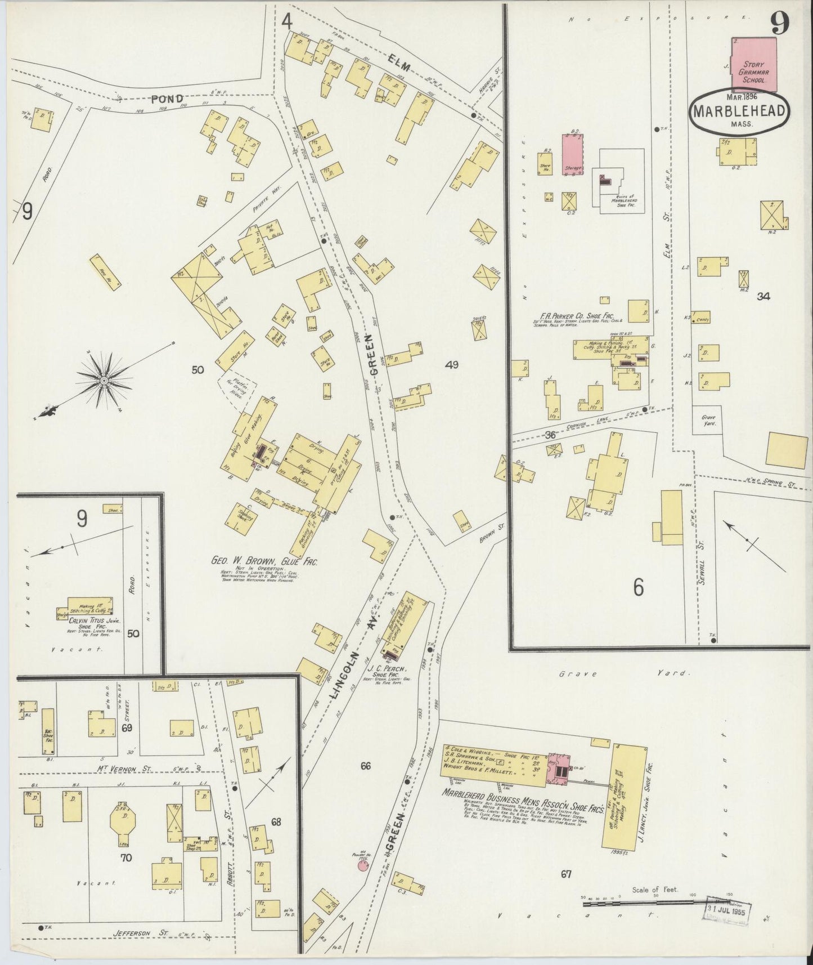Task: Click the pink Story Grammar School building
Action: tap(754, 65)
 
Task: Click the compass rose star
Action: tap(104, 381)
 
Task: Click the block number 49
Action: tap(451, 365)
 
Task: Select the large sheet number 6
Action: tap(637, 587)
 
